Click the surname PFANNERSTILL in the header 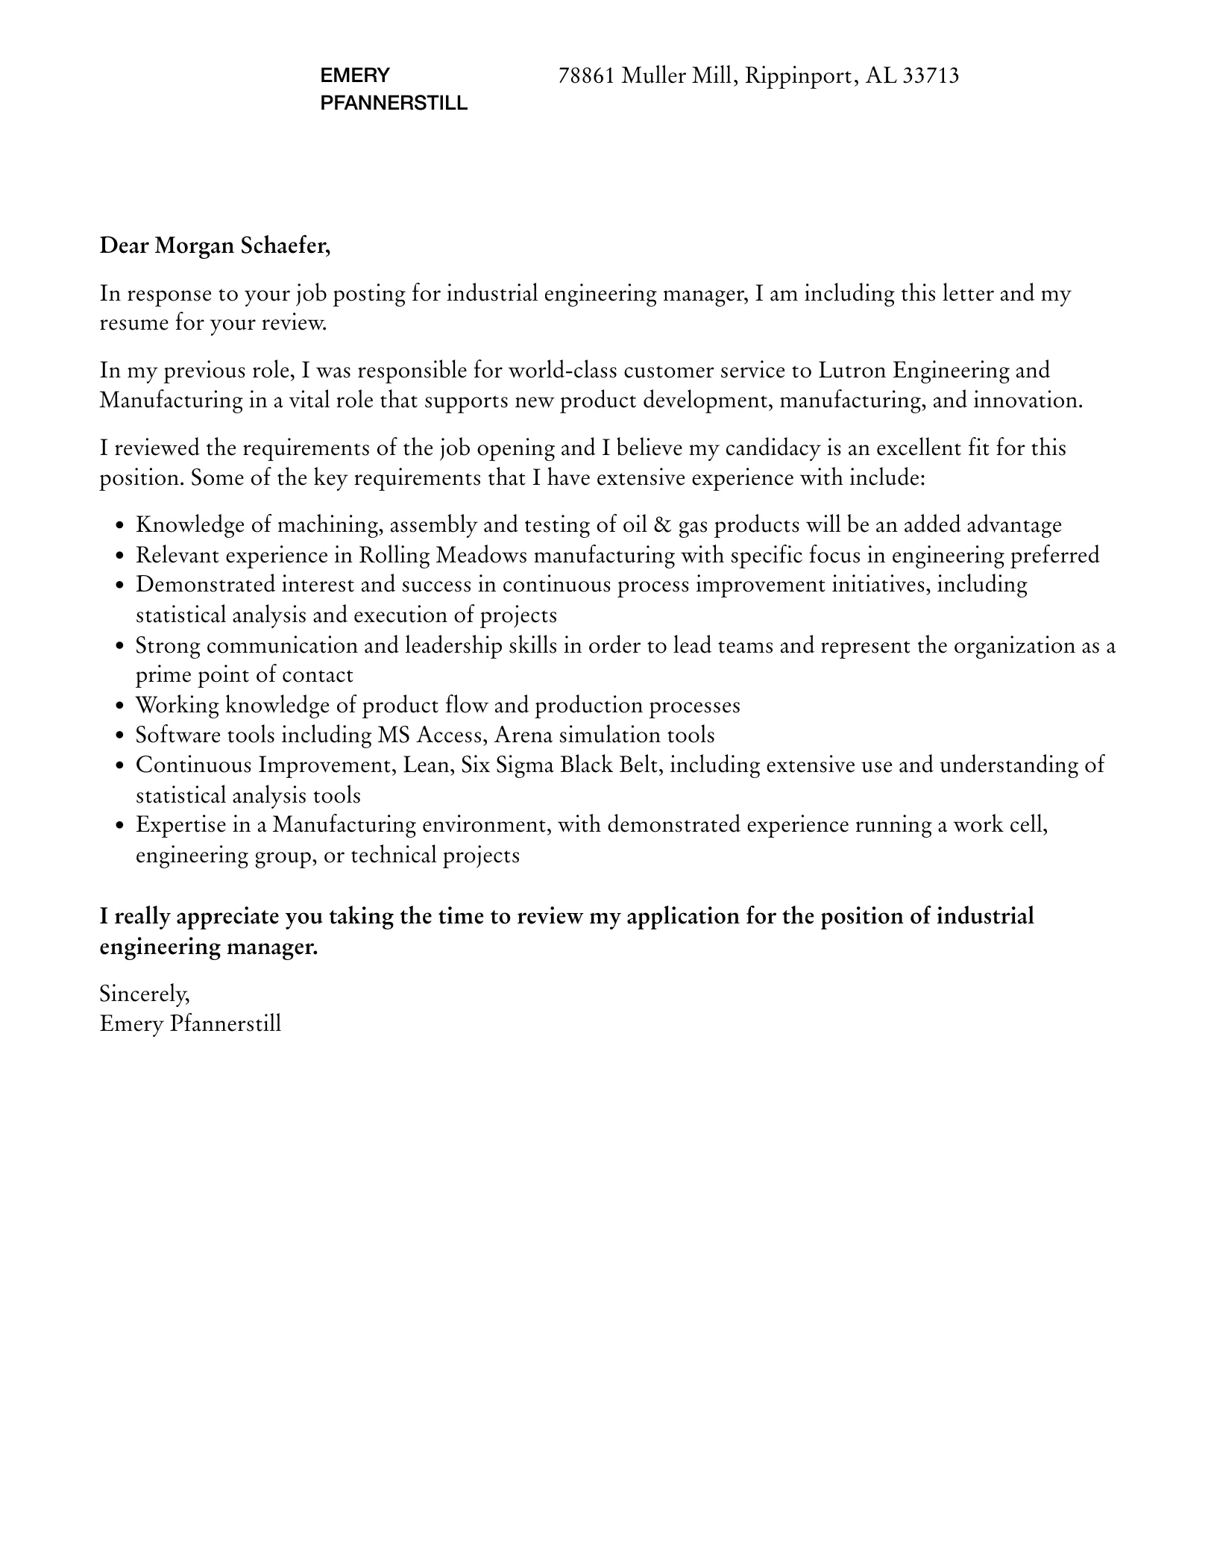pos(394,104)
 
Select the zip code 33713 pos(930,76)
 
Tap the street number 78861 pos(586,76)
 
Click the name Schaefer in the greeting pos(285,245)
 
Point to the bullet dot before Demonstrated pos(120,586)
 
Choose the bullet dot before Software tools pos(120,736)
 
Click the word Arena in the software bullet pos(523,736)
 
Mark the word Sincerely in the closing pos(145,994)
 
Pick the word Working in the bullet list pos(177,706)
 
